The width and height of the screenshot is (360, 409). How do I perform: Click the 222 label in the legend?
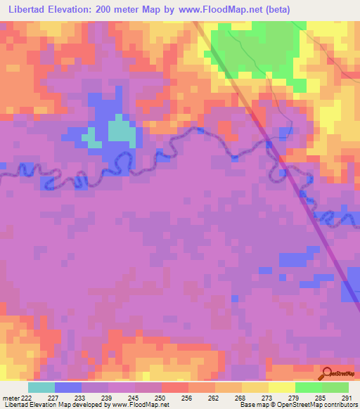26,398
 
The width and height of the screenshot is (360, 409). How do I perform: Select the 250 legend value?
162,398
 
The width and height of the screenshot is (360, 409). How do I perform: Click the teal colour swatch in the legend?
41,387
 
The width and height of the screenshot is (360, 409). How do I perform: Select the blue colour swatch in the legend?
68,387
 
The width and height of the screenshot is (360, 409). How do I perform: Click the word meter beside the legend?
10,398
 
